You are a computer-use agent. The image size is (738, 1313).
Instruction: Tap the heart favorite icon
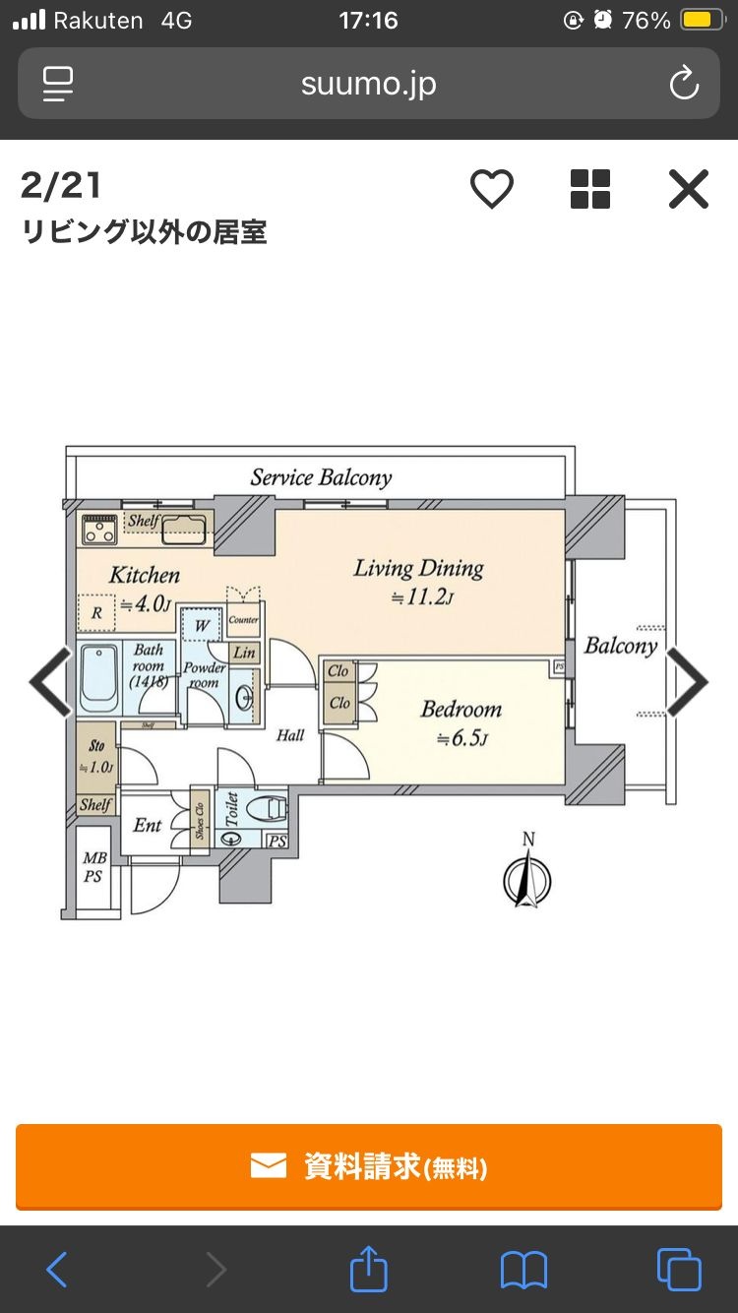(x=491, y=189)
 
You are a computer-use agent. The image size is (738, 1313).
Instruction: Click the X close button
(x=688, y=189)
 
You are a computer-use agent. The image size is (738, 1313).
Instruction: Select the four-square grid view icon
(x=590, y=189)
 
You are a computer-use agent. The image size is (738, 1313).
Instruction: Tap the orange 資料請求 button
(x=369, y=1166)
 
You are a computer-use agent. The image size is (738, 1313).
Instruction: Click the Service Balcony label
(x=321, y=478)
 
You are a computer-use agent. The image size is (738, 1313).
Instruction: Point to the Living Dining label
(x=419, y=569)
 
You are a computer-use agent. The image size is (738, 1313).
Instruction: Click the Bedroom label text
(x=461, y=710)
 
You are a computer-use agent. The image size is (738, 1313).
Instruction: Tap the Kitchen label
(x=145, y=575)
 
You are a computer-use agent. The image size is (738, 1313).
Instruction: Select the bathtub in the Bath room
(x=98, y=678)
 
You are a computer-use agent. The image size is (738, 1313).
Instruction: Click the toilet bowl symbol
(x=267, y=809)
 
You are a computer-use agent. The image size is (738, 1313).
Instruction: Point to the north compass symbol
(x=527, y=878)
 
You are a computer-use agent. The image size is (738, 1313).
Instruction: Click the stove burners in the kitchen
(x=98, y=531)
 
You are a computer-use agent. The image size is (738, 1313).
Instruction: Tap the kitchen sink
(x=184, y=531)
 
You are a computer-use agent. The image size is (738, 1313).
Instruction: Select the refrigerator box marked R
(x=96, y=613)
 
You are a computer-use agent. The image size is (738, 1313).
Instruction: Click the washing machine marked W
(x=201, y=625)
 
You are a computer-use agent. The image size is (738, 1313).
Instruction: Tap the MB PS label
(x=94, y=868)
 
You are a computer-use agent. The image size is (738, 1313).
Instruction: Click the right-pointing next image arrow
(x=688, y=681)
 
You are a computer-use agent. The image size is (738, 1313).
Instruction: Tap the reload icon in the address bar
(x=684, y=84)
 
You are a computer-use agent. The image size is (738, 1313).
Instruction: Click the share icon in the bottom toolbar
(x=369, y=1269)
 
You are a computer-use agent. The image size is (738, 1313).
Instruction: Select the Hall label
(x=290, y=735)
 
